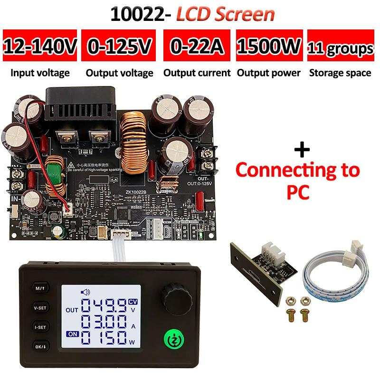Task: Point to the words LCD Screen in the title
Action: (226, 14)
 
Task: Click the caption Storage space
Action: (340, 73)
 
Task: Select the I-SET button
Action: (38, 327)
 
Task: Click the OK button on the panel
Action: (38, 347)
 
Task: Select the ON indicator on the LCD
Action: (73, 333)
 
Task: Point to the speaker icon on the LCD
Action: (86, 292)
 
